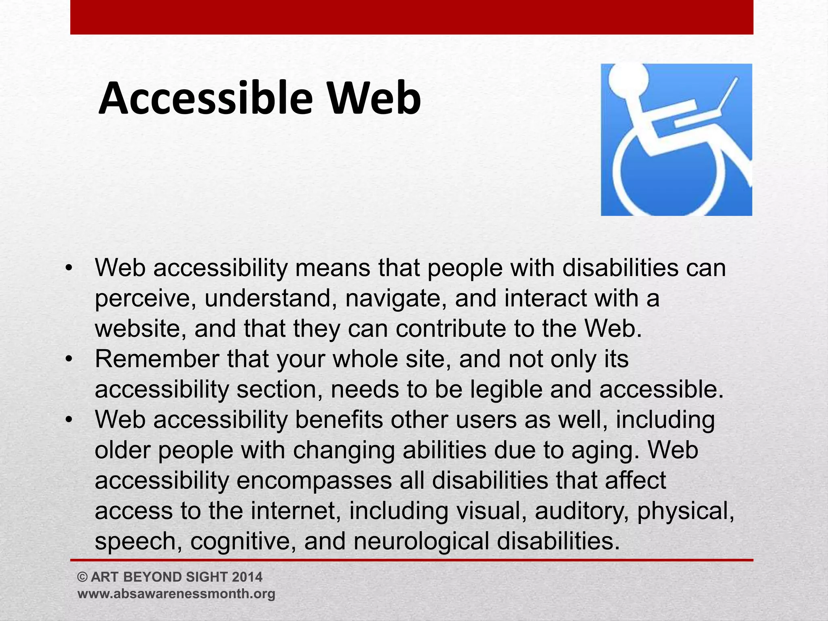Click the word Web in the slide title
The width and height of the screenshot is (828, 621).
374,98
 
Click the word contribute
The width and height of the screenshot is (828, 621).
451,328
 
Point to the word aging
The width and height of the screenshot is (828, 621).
606,450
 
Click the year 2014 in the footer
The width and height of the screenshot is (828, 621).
247,577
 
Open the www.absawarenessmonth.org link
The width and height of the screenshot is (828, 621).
176,594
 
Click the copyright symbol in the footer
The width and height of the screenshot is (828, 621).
82,577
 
